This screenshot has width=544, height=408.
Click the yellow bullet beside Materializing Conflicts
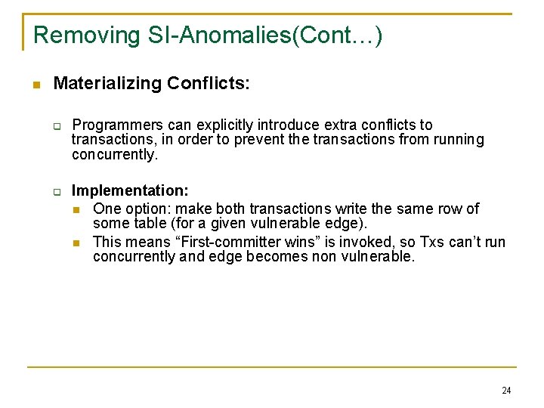coord(35,84)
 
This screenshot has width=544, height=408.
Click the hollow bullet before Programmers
coord(57,125)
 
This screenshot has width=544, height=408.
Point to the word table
coord(150,224)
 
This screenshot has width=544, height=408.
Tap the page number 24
coord(505,391)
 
